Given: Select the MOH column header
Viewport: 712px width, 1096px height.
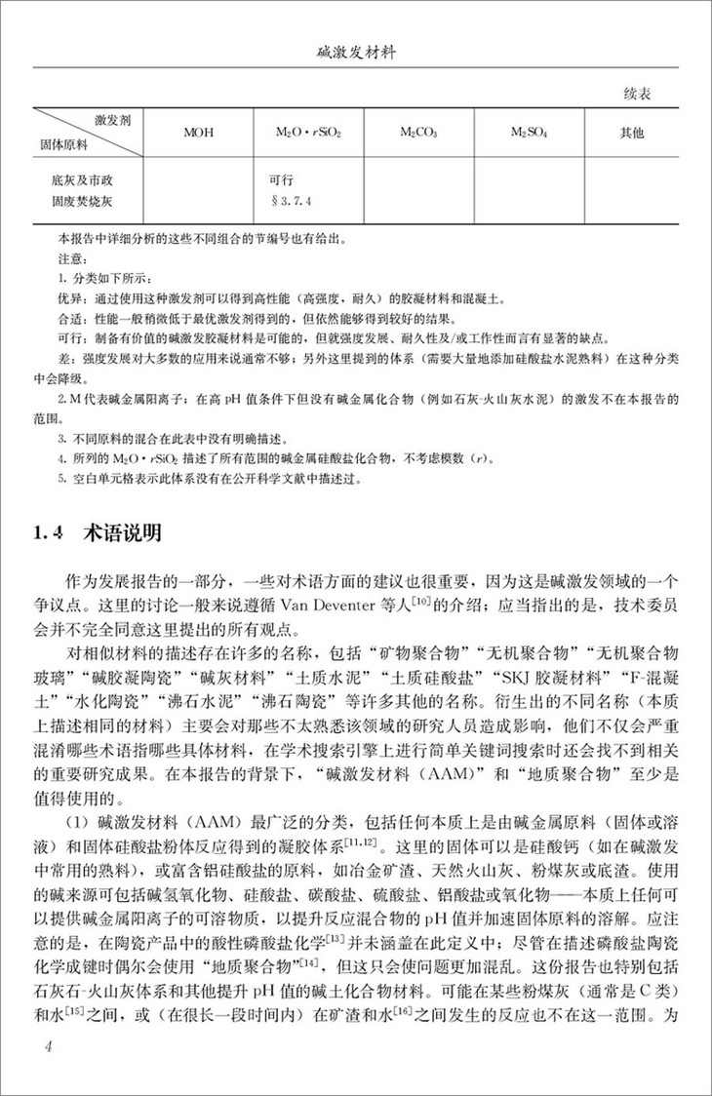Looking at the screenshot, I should pyautogui.click(x=198, y=132).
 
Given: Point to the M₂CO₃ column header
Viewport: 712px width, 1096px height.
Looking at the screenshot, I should pyautogui.click(x=421, y=132).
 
